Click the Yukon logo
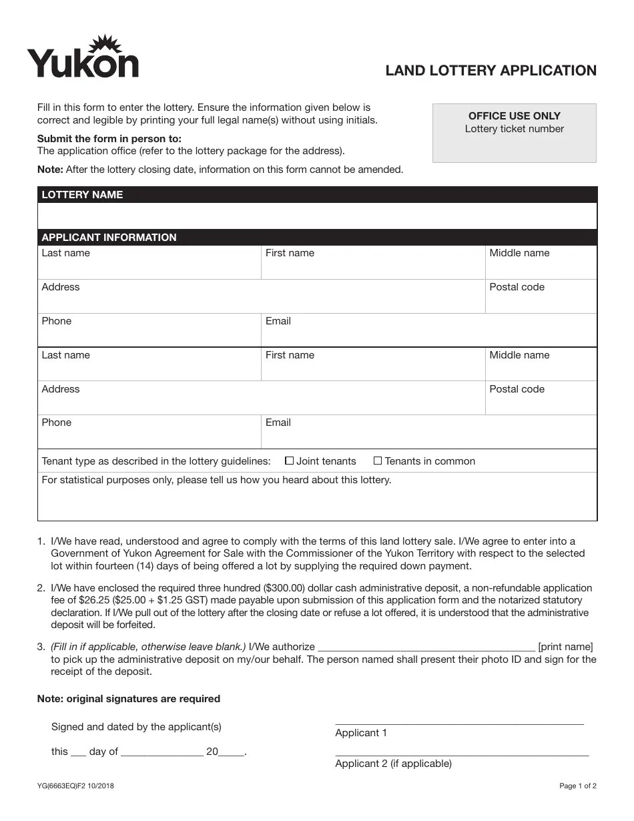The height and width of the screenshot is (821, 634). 83,58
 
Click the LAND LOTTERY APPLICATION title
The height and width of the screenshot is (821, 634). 491,71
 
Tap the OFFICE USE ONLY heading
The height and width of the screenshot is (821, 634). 514,115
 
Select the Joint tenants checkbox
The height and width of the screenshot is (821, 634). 289,461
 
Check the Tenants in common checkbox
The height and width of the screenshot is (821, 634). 378,461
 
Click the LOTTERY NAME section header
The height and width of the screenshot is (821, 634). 82,195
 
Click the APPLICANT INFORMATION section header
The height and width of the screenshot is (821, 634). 109,238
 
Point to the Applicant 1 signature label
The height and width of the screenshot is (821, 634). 361,733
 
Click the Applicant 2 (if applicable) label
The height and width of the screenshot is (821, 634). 393,764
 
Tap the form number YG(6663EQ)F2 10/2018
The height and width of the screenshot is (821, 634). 75,786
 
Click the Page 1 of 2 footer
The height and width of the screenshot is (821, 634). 577,786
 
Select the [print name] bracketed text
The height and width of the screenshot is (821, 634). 565,647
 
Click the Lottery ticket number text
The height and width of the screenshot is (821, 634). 514,129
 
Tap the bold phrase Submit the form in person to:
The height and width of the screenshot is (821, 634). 109,139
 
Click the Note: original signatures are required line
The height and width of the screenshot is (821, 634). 128,699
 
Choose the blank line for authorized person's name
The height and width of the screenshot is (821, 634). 426,647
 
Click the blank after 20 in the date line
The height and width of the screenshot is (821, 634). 232,752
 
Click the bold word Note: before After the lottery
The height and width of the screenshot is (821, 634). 50,170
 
